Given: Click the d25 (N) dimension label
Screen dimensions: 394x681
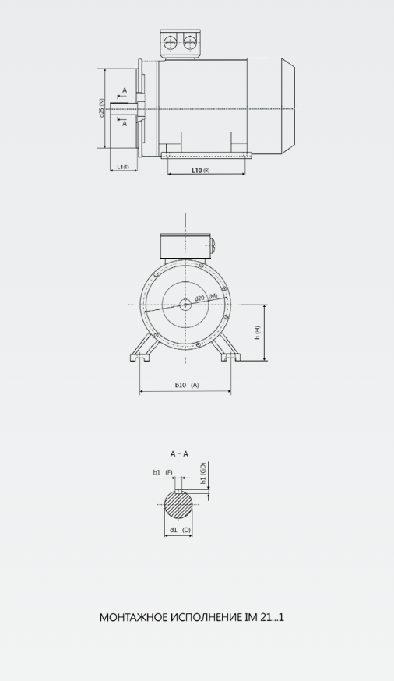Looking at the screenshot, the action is pos(101,108).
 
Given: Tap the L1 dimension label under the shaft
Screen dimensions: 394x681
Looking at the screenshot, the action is pos(123,168).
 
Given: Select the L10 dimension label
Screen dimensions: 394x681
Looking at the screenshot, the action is pos(201,170).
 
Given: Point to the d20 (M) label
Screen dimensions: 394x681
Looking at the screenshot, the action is pos(206,298).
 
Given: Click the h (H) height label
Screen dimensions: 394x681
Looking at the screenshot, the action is pos(257,332).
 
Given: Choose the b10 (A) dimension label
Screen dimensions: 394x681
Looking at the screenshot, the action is pos(187,385).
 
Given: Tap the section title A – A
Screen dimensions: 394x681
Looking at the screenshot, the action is pos(179,453).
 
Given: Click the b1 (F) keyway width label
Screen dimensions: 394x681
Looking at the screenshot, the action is pos(163,472).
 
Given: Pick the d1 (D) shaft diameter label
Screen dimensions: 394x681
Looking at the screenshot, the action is pos(180,530).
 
